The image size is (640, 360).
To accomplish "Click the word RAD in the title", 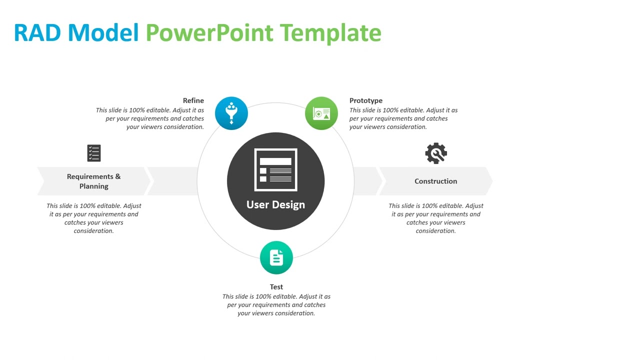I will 38,33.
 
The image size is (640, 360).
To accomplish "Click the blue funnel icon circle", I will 231,113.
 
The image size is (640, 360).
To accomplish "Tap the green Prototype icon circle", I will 321,113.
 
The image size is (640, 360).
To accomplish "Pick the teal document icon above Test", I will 276,257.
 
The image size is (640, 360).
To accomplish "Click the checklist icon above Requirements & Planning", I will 94,153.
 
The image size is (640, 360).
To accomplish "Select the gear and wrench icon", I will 436,153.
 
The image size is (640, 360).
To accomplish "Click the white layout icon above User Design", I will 276,170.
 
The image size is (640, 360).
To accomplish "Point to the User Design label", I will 275,204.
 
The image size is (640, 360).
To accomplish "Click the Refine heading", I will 193,100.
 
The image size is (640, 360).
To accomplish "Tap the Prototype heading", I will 366,100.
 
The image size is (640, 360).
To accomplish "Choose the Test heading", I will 276,287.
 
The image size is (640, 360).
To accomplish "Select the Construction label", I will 435,181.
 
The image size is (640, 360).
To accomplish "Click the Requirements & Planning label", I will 94,181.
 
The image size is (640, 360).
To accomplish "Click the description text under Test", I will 276,305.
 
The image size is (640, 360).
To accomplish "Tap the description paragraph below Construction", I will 436,218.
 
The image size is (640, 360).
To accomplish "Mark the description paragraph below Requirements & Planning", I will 94,218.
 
